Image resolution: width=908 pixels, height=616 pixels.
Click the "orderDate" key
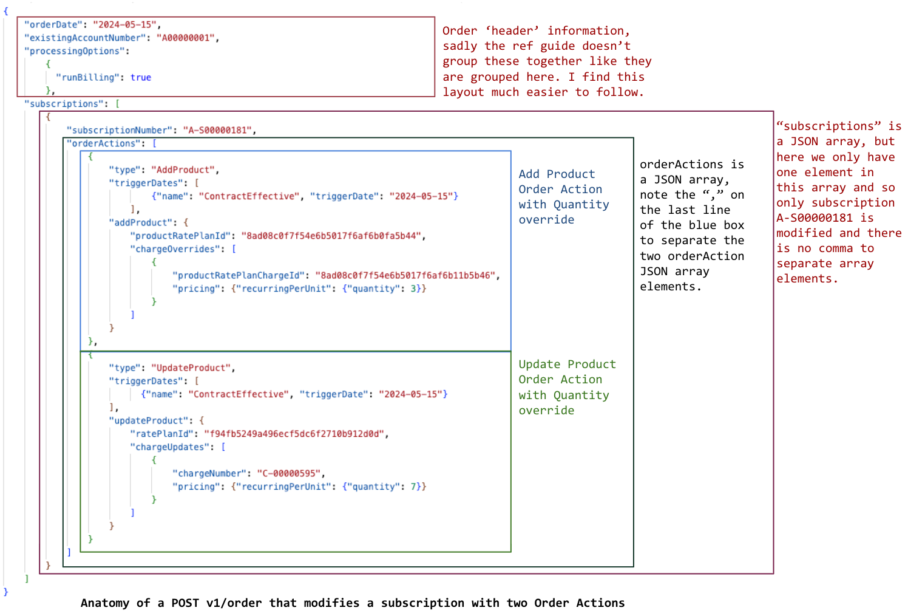click(53, 25)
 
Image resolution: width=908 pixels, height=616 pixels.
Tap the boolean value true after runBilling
click(141, 78)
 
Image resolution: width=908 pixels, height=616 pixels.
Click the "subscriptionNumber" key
click(119, 130)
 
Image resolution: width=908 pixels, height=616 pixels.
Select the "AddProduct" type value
click(183, 170)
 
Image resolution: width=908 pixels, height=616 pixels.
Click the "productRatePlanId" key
click(182, 236)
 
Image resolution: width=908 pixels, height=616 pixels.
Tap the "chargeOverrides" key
click(175, 249)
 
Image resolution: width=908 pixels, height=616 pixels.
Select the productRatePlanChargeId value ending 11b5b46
click(405, 276)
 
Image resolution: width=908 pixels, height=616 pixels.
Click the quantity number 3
click(413, 289)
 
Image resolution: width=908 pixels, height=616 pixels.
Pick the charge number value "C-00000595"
click(289, 473)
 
